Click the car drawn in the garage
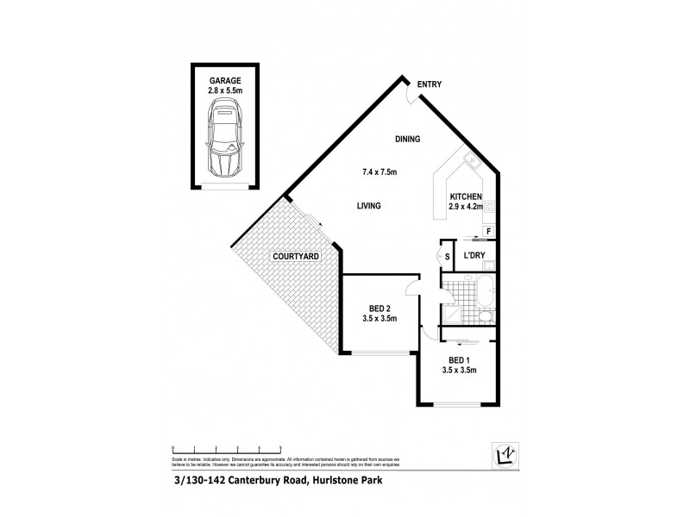(x=224, y=138)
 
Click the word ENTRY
(x=430, y=84)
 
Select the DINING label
(x=407, y=139)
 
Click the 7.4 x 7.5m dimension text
(x=379, y=172)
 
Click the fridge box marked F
(x=488, y=232)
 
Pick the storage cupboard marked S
(x=447, y=257)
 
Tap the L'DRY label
(x=475, y=256)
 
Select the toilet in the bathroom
(x=486, y=317)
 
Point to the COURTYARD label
(x=296, y=257)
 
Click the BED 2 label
(x=377, y=308)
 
